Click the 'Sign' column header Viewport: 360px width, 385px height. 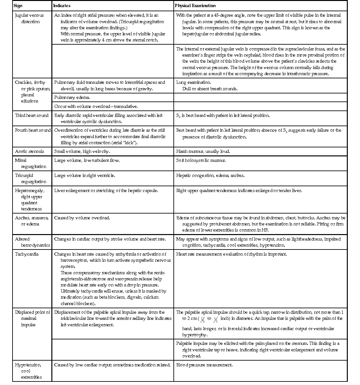tap(18, 6)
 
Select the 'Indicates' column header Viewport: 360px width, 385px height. tap(62, 6)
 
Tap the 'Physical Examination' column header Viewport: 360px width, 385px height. tap(195, 6)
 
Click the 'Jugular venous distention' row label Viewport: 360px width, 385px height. tap(29, 18)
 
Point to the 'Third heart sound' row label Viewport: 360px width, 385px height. tap(32, 116)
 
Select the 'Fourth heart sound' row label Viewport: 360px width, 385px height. tap(33, 130)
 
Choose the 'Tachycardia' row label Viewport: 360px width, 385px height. tap(27, 254)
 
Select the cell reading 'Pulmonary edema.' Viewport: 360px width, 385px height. tap(72, 98)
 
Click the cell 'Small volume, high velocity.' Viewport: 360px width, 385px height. tap(82, 152)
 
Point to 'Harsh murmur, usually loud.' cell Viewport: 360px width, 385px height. tap(203, 152)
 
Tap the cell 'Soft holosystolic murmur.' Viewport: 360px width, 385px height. tap(201, 161)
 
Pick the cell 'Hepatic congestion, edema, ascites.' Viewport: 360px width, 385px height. tap(210, 176)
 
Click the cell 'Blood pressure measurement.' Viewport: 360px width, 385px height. tap(204, 365)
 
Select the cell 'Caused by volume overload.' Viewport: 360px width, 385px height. tap(82, 218)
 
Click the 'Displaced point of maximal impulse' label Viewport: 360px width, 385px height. tap(32, 319)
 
